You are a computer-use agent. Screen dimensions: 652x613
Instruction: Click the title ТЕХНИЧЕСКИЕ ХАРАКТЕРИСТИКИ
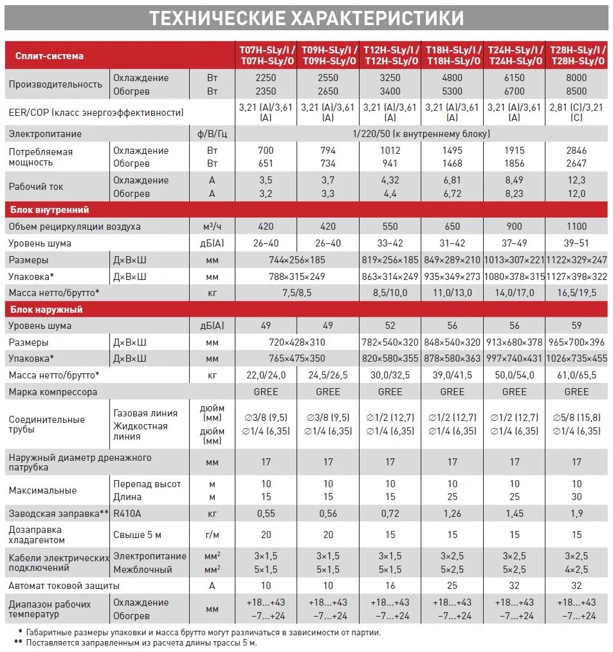[306, 18]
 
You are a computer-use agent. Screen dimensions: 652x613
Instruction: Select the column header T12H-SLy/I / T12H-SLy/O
[390, 55]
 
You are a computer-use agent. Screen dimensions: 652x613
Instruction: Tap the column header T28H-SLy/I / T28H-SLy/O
[576, 55]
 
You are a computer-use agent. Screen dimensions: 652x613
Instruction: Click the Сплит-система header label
[50, 56]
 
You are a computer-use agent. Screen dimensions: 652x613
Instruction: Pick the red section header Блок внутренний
[49, 210]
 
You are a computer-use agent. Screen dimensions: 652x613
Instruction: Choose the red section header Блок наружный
[46, 310]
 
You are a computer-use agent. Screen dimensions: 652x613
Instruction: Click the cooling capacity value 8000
[576, 78]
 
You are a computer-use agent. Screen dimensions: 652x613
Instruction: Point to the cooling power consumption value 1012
[390, 151]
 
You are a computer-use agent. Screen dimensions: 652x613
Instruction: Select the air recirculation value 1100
[576, 227]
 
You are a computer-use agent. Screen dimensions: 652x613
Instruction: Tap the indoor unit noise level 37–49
[514, 243]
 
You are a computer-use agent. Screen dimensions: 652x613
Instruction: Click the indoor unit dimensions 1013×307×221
[514, 260]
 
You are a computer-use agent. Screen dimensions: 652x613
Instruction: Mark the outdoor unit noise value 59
[576, 326]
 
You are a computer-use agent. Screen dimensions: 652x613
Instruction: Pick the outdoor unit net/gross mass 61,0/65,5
[576, 375]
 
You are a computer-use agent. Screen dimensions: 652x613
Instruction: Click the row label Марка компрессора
[53, 391]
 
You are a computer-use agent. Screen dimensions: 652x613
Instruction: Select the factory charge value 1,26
[452, 514]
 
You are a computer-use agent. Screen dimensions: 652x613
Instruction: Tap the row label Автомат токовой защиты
[64, 586]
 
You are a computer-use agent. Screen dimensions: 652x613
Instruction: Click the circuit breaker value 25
[452, 586]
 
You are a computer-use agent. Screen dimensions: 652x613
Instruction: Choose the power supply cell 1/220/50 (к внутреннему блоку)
[421, 134]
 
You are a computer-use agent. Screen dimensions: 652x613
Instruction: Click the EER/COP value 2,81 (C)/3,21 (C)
[576, 112]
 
